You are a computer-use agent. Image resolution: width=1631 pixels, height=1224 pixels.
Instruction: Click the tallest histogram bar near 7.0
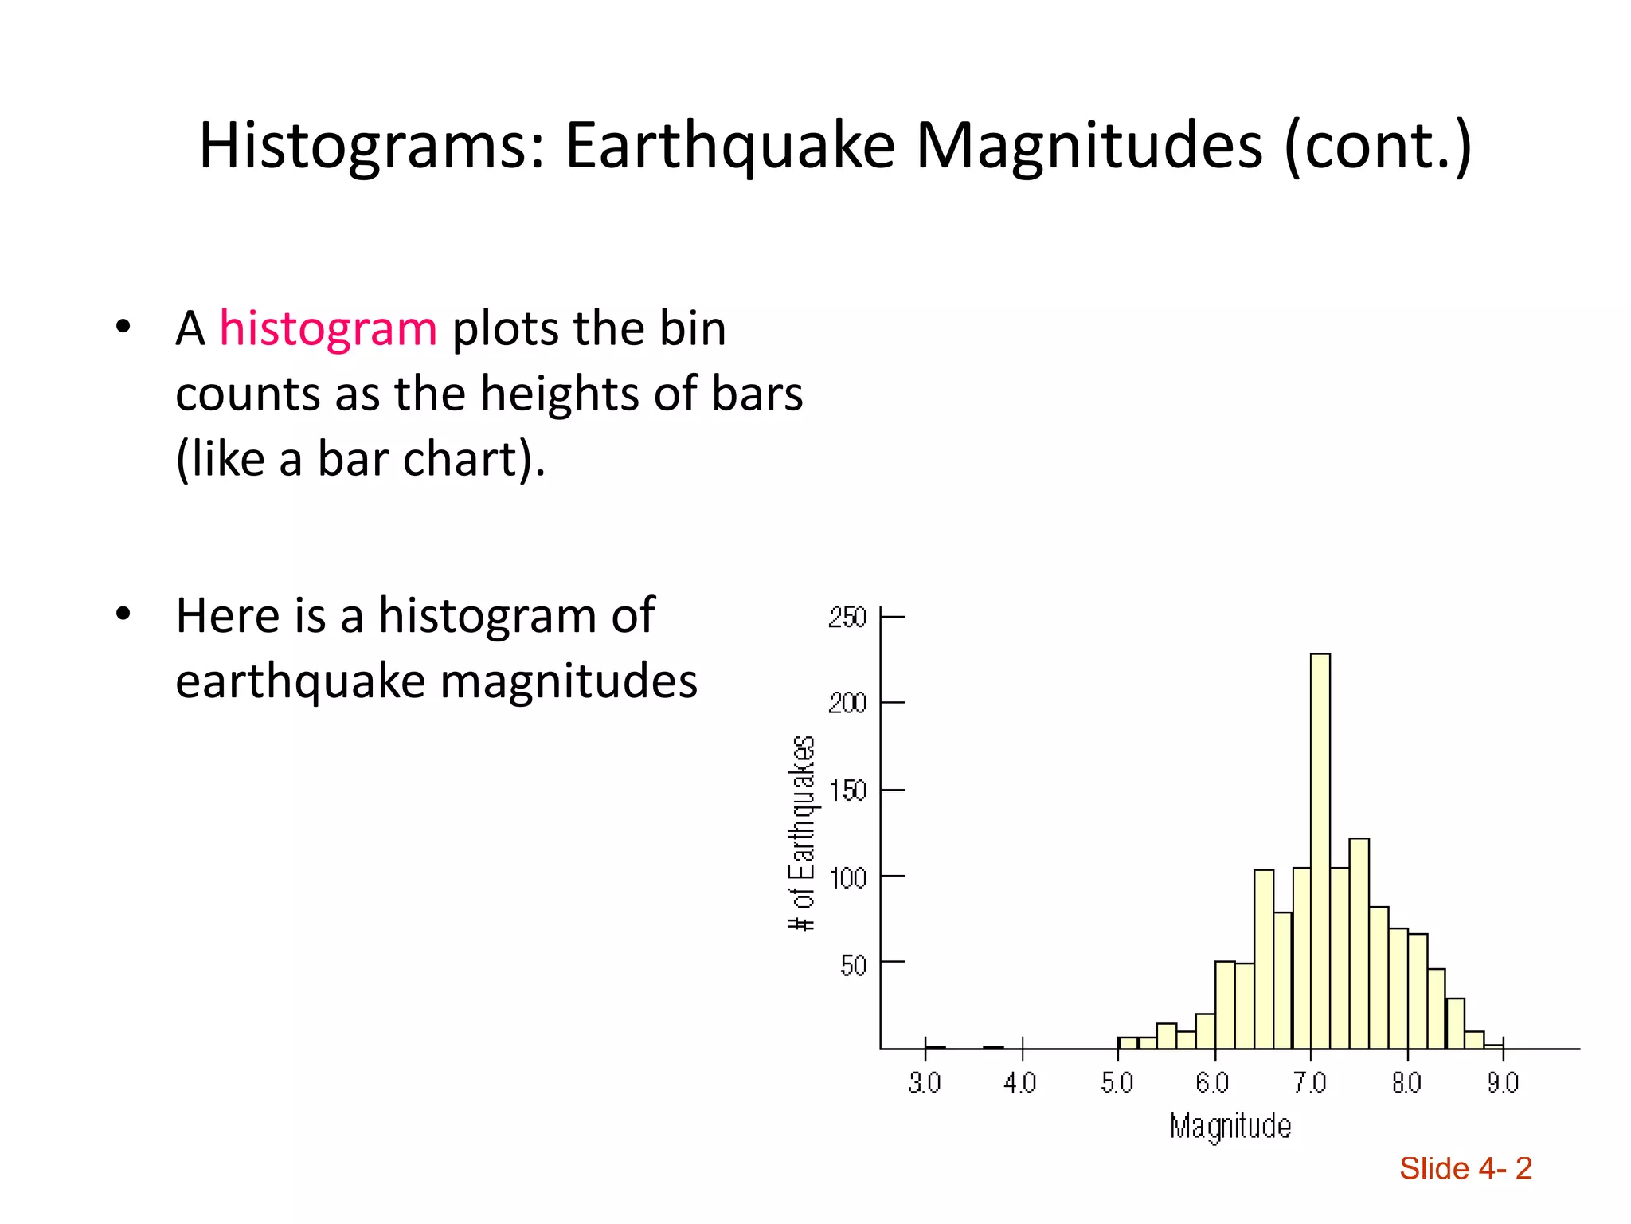click(x=1320, y=849)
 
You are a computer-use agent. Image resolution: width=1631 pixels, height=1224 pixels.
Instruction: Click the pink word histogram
click(x=328, y=328)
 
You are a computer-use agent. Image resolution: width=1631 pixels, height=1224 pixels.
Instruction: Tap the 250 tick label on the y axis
click(x=847, y=618)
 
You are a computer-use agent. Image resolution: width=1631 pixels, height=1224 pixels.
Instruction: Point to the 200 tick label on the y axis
click(x=847, y=704)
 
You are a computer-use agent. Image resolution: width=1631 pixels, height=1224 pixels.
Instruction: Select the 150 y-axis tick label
click(x=847, y=790)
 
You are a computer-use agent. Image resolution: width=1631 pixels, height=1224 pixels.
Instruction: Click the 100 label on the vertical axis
click(x=847, y=878)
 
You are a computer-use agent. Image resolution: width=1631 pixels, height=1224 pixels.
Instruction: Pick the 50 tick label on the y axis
click(x=853, y=965)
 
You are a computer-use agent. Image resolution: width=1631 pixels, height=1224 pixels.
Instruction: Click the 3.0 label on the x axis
click(x=925, y=1083)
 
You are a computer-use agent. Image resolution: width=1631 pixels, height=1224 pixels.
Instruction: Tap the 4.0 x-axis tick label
click(x=1020, y=1083)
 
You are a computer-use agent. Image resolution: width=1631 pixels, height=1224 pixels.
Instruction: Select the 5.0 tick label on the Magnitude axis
click(x=1117, y=1083)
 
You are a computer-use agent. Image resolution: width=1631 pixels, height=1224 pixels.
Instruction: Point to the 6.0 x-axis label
click(x=1213, y=1083)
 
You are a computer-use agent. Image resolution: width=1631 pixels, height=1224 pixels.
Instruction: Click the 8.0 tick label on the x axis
click(x=1406, y=1083)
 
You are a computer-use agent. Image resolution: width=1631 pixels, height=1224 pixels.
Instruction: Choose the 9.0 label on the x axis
click(x=1503, y=1083)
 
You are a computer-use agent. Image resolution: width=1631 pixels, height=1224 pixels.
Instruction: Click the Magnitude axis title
click(x=1230, y=1127)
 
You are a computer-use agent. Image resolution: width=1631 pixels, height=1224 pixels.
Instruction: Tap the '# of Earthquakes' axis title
click(x=801, y=833)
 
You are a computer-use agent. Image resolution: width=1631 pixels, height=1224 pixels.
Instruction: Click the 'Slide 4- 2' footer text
click(x=1465, y=1169)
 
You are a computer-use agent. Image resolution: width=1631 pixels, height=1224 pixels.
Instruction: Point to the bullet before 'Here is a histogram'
click(x=122, y=614)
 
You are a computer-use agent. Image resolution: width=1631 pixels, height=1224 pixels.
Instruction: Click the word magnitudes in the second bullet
click(x=569, y=682)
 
